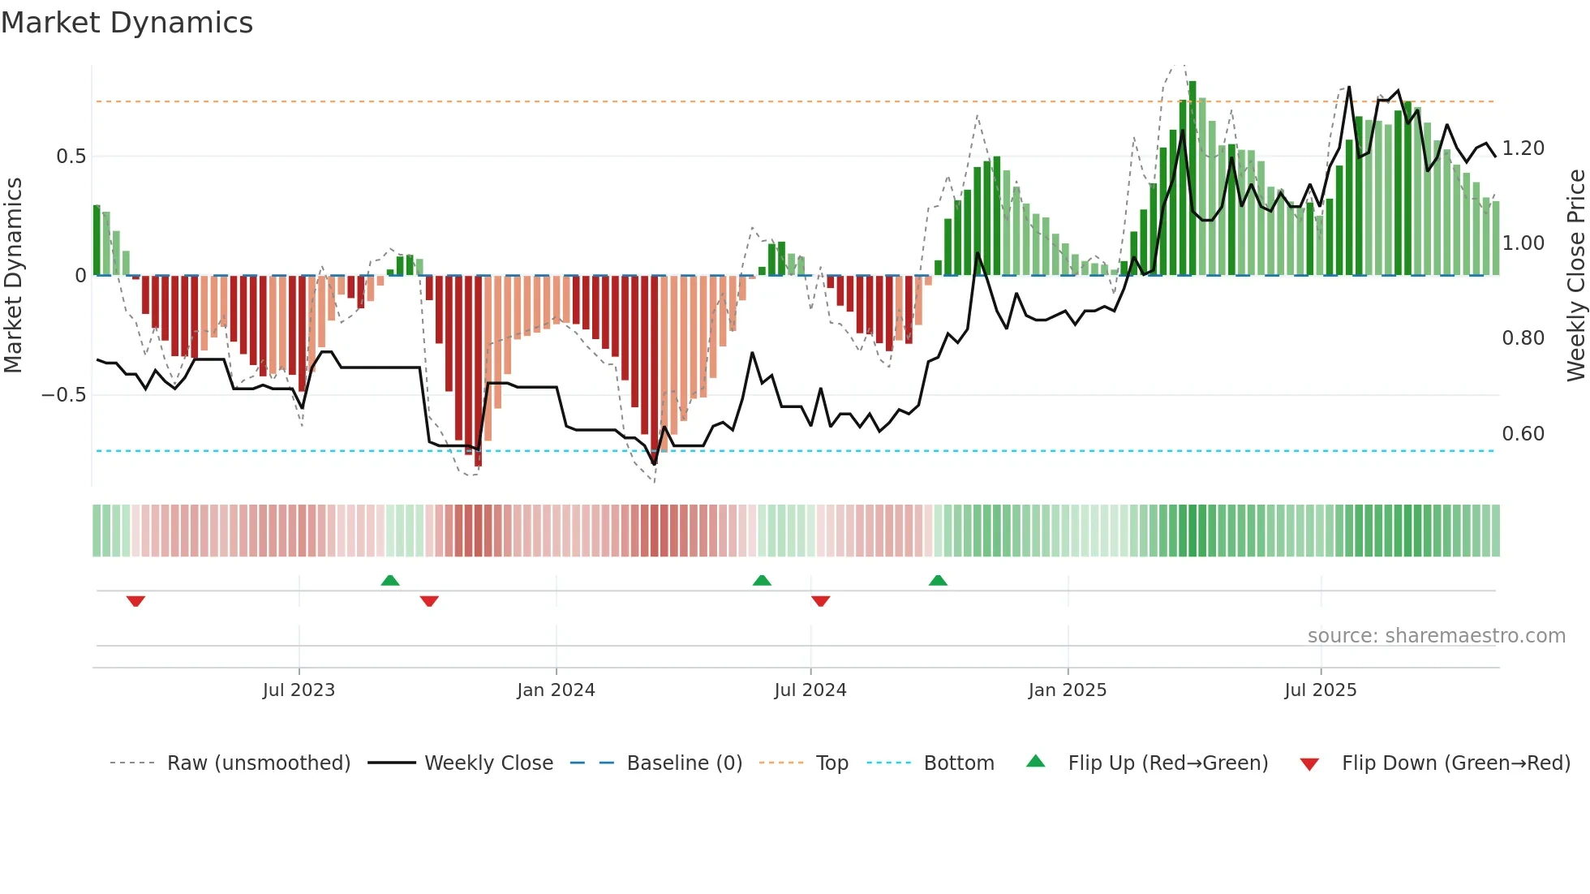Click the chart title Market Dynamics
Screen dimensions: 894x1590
coord(127,23)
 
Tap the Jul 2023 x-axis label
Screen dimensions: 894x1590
coord(299,690)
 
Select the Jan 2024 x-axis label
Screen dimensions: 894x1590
coord(556,690)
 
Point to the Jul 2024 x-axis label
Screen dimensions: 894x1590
coord(810,690)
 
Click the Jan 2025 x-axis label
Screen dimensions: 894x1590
coord(1067,690)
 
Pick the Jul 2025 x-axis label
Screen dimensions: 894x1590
coord(1320,690)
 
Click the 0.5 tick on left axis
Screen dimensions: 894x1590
coord(71,157)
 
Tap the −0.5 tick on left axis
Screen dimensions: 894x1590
coord(63,395)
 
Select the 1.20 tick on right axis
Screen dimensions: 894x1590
coord(1523,148)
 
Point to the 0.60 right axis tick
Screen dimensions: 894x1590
coord(1523,434)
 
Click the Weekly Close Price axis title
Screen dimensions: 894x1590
coord(1575,276)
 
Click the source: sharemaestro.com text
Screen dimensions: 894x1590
coord(1436,636)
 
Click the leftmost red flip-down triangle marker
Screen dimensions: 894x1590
coord(135,601)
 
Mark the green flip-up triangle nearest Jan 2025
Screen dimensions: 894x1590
coord(938,580)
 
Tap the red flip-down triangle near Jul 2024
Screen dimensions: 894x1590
coord(820,601)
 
